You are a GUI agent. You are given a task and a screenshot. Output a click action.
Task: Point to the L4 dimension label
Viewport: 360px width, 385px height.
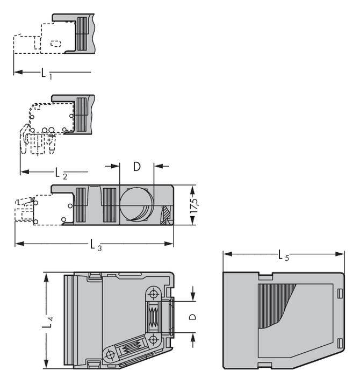coord(48,323)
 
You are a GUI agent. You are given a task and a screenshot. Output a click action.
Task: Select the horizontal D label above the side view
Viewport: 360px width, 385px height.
coord(136,167)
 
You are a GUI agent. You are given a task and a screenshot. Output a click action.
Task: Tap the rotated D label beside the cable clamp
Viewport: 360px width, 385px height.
coord(192,317)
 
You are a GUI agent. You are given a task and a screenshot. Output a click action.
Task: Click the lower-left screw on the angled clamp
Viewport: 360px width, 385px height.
coord(111,355)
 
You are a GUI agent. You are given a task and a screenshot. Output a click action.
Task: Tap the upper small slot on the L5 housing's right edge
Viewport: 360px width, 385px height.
coord(340,293)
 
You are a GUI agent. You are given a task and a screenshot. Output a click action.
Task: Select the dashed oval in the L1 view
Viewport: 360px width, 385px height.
coord(56,44)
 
